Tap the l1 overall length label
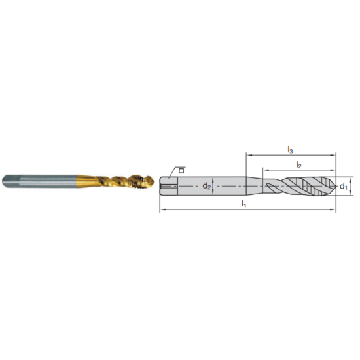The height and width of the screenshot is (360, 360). (x=243, y=204)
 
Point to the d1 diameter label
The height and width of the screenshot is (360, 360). (x=343, y=187)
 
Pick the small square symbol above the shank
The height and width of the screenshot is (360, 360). (x=181, y=170)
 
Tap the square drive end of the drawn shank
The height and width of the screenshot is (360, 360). (x=166, y=187)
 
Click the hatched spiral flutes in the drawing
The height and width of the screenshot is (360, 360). (x=308, y=187)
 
